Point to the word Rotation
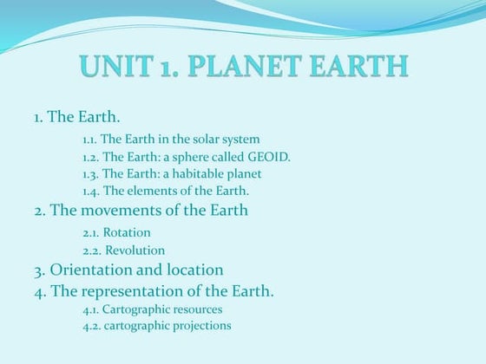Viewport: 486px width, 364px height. pyautogui.click(x=127, y=232)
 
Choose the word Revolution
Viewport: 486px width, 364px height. pyautogui.click(x=135, y=250)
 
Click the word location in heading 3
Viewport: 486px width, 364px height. pyautogui.click(x=195, y=270)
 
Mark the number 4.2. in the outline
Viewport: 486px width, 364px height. pyautogui.click(x=91, y=326)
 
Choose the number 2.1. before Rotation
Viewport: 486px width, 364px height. pyautogui.click(x=91, y=232)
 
